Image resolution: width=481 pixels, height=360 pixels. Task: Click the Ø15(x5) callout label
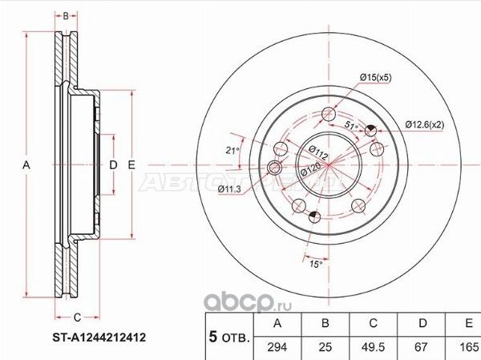[x=375, y=77]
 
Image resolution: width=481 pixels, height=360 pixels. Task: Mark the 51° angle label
[x=350, y=126]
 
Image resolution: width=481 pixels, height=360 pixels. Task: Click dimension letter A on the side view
[x=26, y=165]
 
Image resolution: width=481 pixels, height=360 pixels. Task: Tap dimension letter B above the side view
[x=67, y=15]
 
